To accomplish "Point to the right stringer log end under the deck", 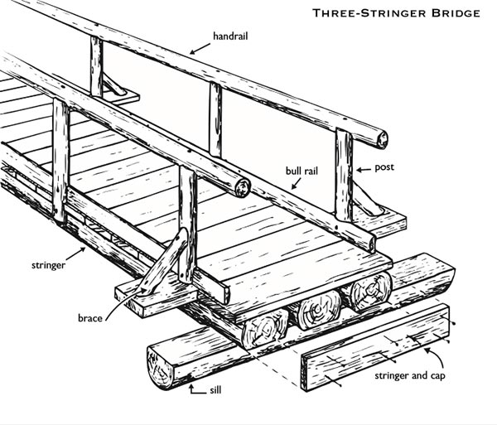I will point(369,292).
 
